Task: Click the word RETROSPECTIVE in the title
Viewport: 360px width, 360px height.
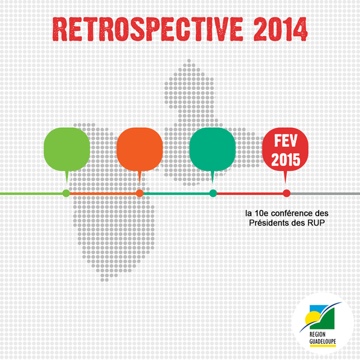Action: pyautogui.click(x=148, y=29)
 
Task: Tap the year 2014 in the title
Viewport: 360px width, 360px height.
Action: pyautogui.click(x=281, y=29)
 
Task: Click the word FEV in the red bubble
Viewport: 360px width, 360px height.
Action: pyautogui.click(x=286, y=140)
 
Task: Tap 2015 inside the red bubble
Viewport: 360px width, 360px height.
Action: pyautogui.click(x=286, y=159)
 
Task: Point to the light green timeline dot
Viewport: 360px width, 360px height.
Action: pyautogui.click(x=66, y=193)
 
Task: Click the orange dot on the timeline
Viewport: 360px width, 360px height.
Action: pyautogui.click(x=140, y=193)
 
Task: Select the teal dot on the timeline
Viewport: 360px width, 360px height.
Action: pyautogui.click(x=213, y=193)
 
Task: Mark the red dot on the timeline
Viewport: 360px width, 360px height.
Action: pyautogui.click(x=287, y=193)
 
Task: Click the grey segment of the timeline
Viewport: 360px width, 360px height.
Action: pyautogui.click(x=325, y=194)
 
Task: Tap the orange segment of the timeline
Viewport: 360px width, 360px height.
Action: pyautogui.click(x=103, y=194)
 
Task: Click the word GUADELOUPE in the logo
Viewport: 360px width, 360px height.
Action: pyautogui.click(x=323, y=341)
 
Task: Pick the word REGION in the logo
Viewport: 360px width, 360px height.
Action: pyautogui.click(x=317, y=334)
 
